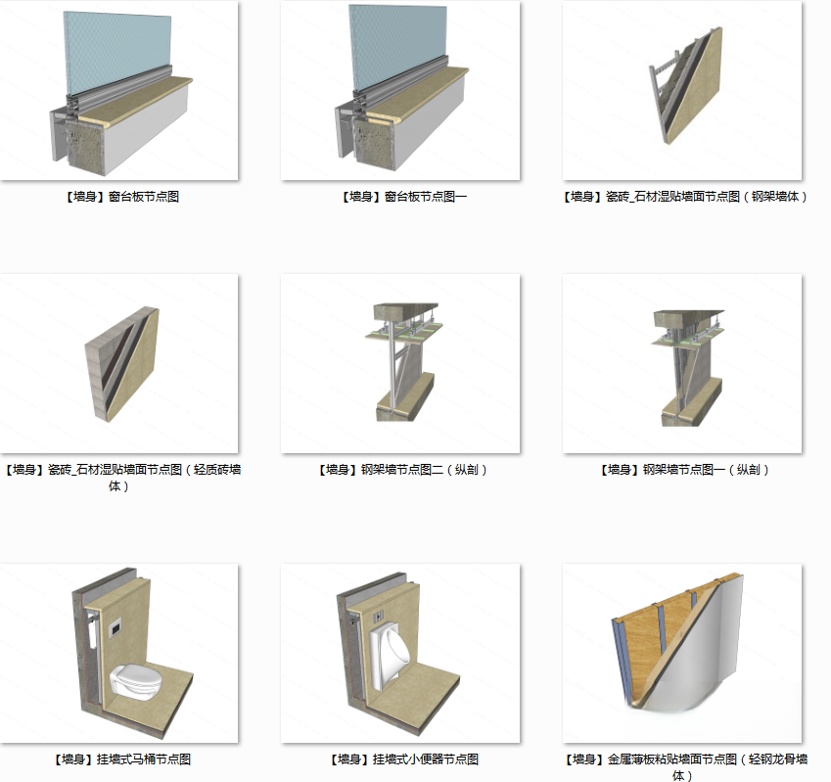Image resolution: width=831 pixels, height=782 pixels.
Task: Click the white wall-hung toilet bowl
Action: pos(135,681)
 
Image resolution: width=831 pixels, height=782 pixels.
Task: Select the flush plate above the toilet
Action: pos(115,628)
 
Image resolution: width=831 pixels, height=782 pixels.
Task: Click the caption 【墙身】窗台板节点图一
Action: pos(404,197)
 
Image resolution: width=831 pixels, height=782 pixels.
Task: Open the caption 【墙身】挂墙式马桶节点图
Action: pos(122,759)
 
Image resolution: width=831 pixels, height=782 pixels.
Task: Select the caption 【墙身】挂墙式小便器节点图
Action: pos(404,759)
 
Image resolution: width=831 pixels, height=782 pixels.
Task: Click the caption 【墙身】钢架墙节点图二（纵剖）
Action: pos(403,470)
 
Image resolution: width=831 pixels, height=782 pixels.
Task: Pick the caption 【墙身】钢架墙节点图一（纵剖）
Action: pos(685,470)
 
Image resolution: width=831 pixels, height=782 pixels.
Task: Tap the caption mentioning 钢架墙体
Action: pos(685,197)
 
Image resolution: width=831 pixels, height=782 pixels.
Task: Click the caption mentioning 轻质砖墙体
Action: pos(122,478)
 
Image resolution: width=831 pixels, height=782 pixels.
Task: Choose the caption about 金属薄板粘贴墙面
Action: pos(686,767)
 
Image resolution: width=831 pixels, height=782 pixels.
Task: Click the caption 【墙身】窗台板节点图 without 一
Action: pos(122,197)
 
